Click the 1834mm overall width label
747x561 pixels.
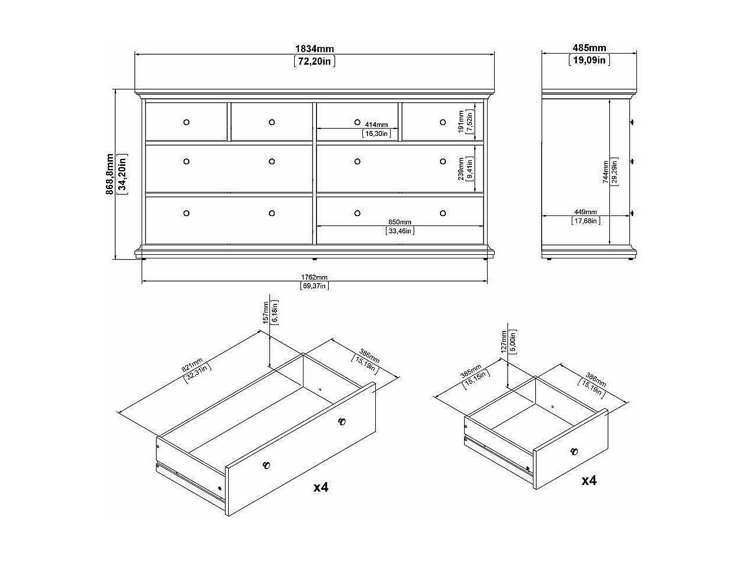click(315, 49)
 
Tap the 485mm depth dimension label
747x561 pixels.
click(589, 48)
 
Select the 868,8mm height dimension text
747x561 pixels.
click(109, 174)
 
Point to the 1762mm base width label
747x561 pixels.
click(314, 277)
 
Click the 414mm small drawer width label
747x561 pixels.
click(376, 125)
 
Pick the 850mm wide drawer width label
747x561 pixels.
click(400, 222)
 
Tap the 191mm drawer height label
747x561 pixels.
click(461, 121)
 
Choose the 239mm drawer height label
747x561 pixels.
click(461, 168)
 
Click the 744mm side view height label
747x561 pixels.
click(606, 172)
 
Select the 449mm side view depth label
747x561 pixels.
click(585, 212)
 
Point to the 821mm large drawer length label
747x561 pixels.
click(192, 365)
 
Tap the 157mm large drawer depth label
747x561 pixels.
click(266, 313)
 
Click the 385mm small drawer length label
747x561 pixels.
click(471, 371)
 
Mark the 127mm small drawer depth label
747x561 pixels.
click(504, 342)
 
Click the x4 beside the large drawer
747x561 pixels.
click(321, 487)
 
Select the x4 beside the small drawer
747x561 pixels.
click(589, 480)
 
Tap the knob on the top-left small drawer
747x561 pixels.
click(186, 122)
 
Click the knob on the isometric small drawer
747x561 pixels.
click(573, 452)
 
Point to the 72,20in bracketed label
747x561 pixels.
click(315, 61)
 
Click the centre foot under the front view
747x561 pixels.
click(315, 259)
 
